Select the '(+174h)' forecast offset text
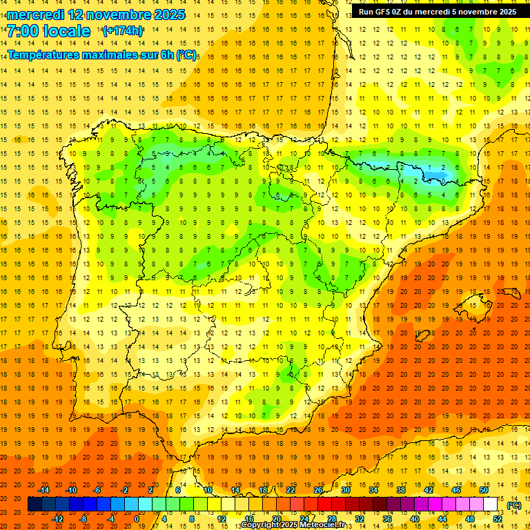(123, 31)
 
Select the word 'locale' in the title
(66, 31)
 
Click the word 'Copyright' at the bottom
(260, 525)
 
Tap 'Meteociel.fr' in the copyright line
(322, 525)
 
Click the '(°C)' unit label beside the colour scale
(513, 505)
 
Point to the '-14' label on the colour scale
(44, 490)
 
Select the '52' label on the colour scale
(498, 519)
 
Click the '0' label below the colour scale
(137, 519)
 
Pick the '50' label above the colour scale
(484, 490)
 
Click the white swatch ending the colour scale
(491, 504)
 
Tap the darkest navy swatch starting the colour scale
(35, 504)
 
